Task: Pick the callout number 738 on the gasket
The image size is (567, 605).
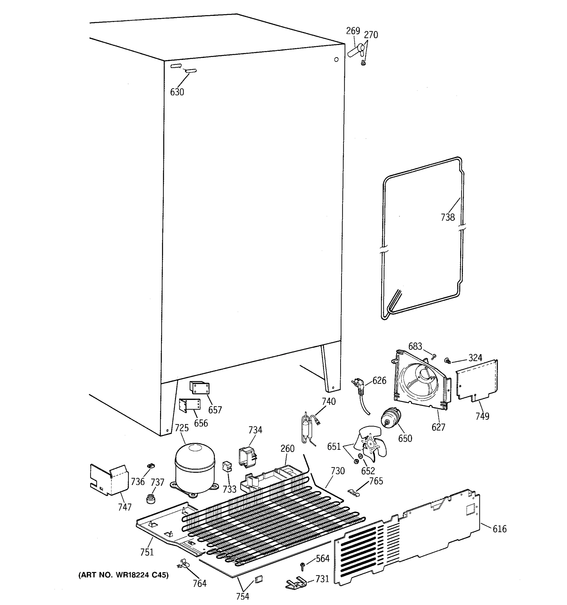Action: pos(448,217)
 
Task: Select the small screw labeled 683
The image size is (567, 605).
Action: pos(434,355)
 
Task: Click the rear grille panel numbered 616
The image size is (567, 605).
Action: pos(407,539)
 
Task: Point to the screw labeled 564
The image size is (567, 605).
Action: pos(302,565)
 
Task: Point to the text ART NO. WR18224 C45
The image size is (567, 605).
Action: pos(123,575)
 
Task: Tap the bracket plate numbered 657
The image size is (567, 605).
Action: pos(200,388)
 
